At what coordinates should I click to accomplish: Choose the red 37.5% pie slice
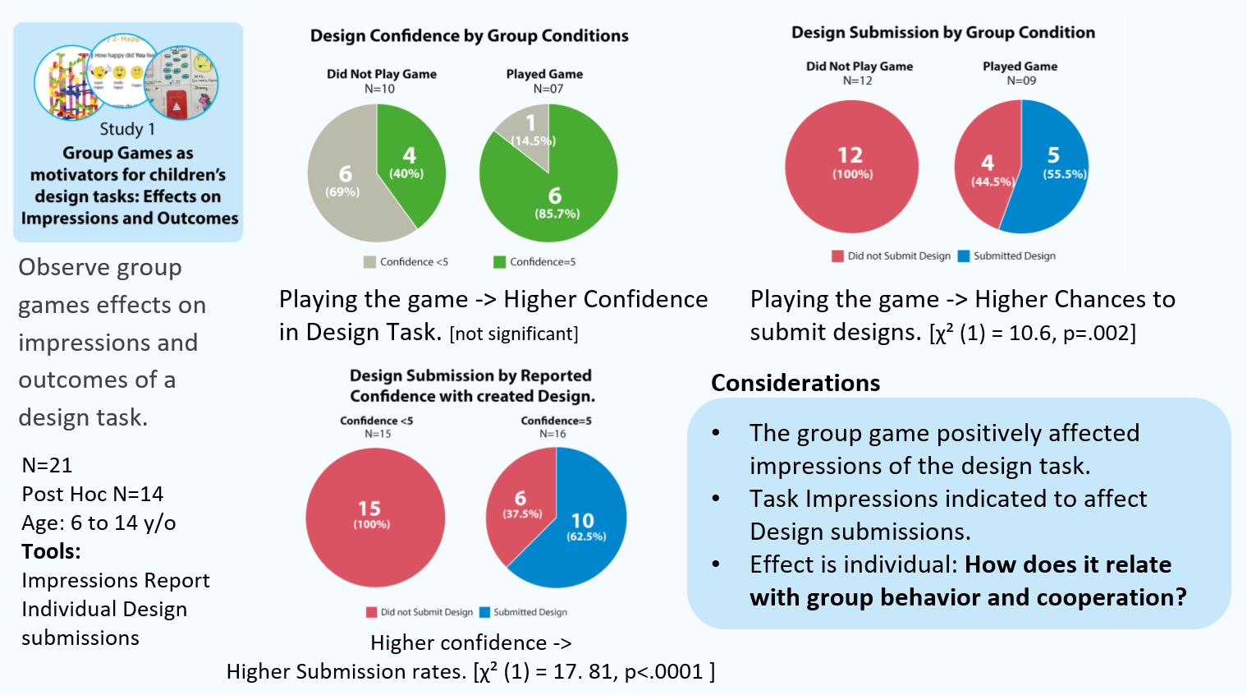520,509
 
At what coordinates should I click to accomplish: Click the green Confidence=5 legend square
499,262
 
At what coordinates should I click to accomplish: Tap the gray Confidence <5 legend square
369,262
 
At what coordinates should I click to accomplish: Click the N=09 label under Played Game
1021,81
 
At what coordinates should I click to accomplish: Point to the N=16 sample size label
552,434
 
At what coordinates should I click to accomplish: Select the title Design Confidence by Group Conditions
469,36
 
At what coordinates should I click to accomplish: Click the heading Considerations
795,383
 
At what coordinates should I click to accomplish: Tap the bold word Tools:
51,551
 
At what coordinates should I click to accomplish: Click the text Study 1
127,129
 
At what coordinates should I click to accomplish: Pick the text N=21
47,465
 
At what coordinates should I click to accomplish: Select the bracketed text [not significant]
514,334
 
